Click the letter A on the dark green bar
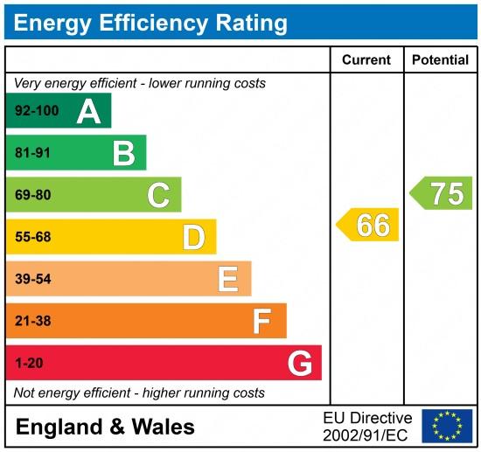(88, 111)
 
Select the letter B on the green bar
(123, 153)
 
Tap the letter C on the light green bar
(158, 195)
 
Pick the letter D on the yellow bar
(193, 237)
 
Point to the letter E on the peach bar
(227, 279)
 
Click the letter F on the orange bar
(261, 321)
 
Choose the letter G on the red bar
(299, 363)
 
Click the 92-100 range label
(36, 111)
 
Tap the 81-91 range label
(33, 153)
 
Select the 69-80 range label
(33, 195)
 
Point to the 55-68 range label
(33, 237)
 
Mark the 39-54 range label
(33, 279)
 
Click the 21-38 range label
(33, 321)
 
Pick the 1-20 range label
(29, 363)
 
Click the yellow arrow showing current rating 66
(368, 225)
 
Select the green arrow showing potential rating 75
(442, 193)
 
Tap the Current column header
(366, 60)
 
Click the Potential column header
(440, 60)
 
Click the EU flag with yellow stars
(446, 426)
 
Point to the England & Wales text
(106, 427)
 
